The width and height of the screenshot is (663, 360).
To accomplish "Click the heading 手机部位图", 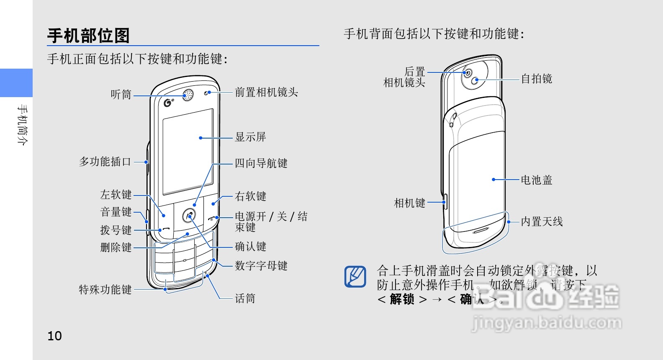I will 88,36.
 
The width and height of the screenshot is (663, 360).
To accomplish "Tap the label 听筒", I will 121,95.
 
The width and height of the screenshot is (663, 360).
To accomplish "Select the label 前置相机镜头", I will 266,92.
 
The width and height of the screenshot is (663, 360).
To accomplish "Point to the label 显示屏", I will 250,137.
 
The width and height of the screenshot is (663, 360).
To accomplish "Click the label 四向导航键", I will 261,163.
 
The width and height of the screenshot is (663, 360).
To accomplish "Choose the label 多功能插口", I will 105,162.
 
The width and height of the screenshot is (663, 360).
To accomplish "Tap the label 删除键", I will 116,247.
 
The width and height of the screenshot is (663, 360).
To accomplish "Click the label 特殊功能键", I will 105,290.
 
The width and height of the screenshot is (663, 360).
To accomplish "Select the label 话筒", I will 245,298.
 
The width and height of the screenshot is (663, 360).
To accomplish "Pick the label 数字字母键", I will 261,266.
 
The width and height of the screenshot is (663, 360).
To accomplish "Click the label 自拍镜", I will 536,79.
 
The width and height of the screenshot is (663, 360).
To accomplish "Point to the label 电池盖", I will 536,180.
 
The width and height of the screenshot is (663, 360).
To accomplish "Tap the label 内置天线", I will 542,221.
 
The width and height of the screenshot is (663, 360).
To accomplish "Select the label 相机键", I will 409,203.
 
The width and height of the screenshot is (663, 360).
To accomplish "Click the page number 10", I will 54,336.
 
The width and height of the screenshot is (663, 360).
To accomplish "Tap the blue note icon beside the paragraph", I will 355,277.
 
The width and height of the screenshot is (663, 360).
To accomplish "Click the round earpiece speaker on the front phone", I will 188,95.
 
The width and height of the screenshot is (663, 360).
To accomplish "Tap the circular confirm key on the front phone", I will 189,216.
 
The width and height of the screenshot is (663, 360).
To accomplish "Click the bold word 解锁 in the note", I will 402,299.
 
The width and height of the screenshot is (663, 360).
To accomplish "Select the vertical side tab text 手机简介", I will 22,125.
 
